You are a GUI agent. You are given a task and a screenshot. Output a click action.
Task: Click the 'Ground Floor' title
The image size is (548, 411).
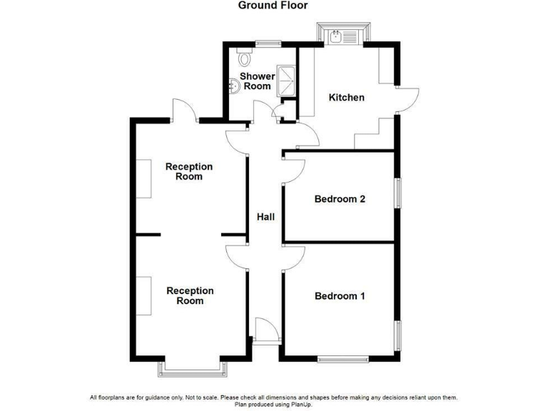point(273,6)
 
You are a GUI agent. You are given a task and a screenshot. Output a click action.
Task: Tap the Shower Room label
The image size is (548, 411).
point(258,81)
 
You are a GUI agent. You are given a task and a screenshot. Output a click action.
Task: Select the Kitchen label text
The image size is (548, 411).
point(346,97)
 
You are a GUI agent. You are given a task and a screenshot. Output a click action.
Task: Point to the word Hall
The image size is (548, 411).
point(266,217)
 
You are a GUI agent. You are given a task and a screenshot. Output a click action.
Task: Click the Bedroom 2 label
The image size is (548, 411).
point(340,199)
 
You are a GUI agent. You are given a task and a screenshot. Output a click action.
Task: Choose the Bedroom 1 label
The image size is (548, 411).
point(340,295)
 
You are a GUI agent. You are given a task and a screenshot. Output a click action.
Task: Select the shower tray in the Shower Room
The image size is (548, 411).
point(285,79)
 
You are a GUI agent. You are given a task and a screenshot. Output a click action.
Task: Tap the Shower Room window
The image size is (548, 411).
point(268,44)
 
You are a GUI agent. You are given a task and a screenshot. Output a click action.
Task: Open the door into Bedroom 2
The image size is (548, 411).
point(293,169)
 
